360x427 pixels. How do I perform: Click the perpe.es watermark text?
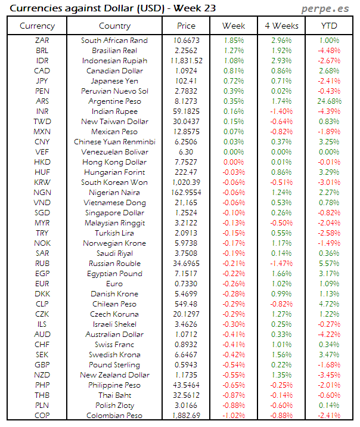pyautogui.click(x=326, y=8)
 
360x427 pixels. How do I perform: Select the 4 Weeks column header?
pyautogui.click(x=281, y=26)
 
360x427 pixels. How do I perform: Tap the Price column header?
pyautogui.click(x=186, y=26)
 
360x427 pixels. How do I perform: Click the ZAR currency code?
pyautogui.click(x=42, y=41)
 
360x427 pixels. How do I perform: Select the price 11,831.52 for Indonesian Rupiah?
pyautogui.click(x=186, y=61)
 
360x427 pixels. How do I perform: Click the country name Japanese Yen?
pyautogui.click(x=114, y=81)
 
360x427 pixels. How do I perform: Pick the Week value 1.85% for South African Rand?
pyautogui.click(x=234, y=41)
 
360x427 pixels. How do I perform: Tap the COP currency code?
pyautogui.click(x=42, y=415)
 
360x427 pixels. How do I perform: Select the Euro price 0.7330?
pyautogui.click(x=186, y=283)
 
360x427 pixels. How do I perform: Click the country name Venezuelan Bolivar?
pyautogui.click(x=114, y=152)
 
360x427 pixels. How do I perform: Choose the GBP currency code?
pyautogui.click(x=42, y=364)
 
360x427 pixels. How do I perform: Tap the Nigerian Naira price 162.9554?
pyautogui.click(x=186, y=193)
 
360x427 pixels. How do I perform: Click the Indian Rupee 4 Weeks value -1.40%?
pyautogui.click(x=281, y=112)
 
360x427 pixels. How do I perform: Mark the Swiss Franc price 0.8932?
pyautogui.click(x=186, y=344)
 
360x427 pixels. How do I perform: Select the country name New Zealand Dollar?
pyautogui.click(x=114, y=375)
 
